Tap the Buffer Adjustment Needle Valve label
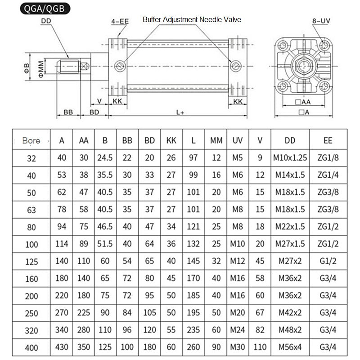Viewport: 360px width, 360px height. coord(192,19)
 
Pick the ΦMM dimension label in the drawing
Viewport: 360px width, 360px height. coord(41,68)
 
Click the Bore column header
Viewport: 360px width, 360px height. coord(31,140)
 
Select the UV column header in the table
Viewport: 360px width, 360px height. coord(237,140)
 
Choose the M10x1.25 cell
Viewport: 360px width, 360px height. coord(290,158)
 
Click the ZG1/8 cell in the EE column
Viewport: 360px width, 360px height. coord(328,158)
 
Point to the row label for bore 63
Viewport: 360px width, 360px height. coord(31,209)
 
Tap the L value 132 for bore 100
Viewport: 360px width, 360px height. coord(193,244)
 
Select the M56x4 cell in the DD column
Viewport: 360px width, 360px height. coord(290,347)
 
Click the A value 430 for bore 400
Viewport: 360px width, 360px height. coord(62,347)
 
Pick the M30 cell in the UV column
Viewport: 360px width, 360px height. coord(237,347)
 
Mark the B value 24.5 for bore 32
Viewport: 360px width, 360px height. coord(105,158)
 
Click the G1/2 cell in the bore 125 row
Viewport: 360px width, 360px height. coord(328,261)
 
